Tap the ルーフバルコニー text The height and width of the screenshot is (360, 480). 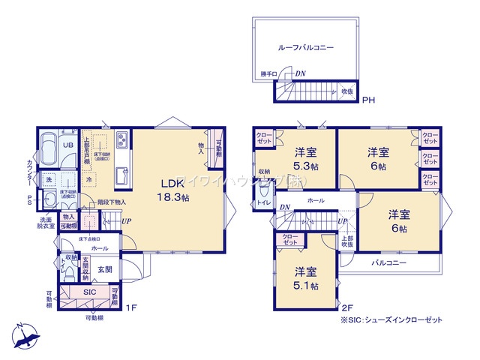pyautogui.click(x=305, y=46)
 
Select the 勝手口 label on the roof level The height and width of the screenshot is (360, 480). pyautogui.click(x=269, y=74)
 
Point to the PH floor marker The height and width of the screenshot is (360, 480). pyautogui.click(x=368, y=100)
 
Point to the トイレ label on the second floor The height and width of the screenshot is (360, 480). pyautogui.click(x=263, y=202)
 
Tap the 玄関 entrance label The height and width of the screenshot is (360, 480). pyautogui.click(x=103, y=268)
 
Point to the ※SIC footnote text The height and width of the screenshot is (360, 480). pyautogui.click(x=391, y=320)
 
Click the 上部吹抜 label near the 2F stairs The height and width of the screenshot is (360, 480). pyautogui.click(x=347, y=241)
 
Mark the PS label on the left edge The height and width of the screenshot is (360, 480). pyautogui.click(x=30, y=199)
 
